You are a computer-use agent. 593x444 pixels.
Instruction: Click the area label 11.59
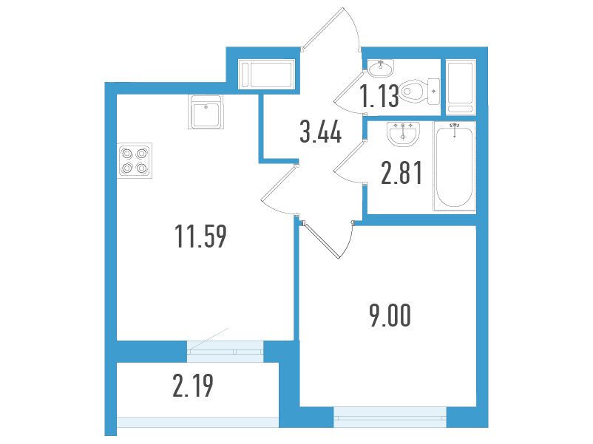[201, 236]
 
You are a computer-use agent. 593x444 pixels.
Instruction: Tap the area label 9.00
[390, 315]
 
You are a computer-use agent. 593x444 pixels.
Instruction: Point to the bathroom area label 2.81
[401, 173]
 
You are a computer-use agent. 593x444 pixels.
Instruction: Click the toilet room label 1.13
[379, 95]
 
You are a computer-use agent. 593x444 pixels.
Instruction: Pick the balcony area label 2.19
[193, 386]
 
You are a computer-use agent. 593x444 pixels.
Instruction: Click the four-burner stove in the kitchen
[135, 160]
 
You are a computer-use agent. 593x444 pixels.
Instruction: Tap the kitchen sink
[206, 112]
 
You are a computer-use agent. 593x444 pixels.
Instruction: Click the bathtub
[454, 166]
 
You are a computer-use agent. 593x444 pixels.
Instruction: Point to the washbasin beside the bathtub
[404, 134]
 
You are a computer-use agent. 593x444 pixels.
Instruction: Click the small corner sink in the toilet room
[381, 68]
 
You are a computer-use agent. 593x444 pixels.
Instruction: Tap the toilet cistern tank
[433, 92]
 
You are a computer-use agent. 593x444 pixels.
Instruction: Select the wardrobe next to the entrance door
[266, 75]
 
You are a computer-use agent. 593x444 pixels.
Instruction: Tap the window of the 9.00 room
[390, 417]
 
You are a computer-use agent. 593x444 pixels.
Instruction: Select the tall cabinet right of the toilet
[460, 87]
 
